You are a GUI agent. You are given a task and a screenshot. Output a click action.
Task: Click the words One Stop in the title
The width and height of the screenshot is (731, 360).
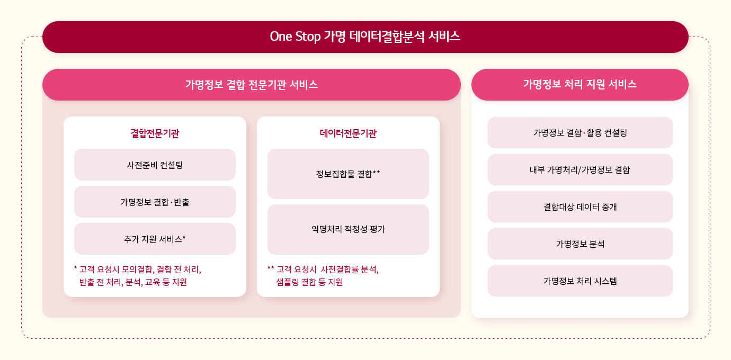click(295, 37)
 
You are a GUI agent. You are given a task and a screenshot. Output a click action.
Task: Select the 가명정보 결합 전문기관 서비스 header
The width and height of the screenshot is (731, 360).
click(251, 85)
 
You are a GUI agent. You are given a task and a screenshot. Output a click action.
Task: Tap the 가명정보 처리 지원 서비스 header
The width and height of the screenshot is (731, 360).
click(580, 85)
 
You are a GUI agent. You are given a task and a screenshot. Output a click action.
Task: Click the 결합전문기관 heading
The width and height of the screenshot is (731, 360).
click(155, 133)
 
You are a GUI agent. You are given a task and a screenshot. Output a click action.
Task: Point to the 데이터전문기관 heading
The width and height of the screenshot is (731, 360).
click(348, 133)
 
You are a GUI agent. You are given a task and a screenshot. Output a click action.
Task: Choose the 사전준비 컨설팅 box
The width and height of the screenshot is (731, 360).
click(155, 165)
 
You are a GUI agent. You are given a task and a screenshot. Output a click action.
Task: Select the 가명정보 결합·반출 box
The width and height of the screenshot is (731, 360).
click(155, 202)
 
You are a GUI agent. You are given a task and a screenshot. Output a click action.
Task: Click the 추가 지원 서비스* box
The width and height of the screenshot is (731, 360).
click(155, 239)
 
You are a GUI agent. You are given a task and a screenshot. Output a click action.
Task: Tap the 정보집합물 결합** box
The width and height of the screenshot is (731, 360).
click(348, 174)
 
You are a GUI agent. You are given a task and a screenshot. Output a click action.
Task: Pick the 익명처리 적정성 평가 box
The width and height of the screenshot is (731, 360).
click(348, 229)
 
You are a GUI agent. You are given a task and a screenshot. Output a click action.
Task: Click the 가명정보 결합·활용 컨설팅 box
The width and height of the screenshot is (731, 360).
click(580, 133)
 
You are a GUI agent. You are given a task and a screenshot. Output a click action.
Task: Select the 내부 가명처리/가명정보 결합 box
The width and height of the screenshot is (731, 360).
click(580, 169)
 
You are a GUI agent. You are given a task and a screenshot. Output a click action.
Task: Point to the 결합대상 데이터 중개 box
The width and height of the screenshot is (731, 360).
click(580, 207)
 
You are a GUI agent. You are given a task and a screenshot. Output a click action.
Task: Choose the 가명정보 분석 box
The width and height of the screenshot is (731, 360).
click(580, 244)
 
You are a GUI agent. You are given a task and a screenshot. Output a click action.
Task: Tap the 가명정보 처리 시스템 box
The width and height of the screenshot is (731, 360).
click(580, 281)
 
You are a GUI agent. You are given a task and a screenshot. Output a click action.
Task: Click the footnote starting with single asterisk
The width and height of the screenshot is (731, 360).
click(138, 275)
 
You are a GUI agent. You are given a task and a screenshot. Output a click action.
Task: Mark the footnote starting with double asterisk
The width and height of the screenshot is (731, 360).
click(323, 275)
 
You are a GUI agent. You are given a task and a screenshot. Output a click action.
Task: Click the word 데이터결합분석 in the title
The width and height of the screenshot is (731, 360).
click(387, 37)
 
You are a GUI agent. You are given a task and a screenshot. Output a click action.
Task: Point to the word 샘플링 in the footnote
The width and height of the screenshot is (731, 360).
click(287, 282)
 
